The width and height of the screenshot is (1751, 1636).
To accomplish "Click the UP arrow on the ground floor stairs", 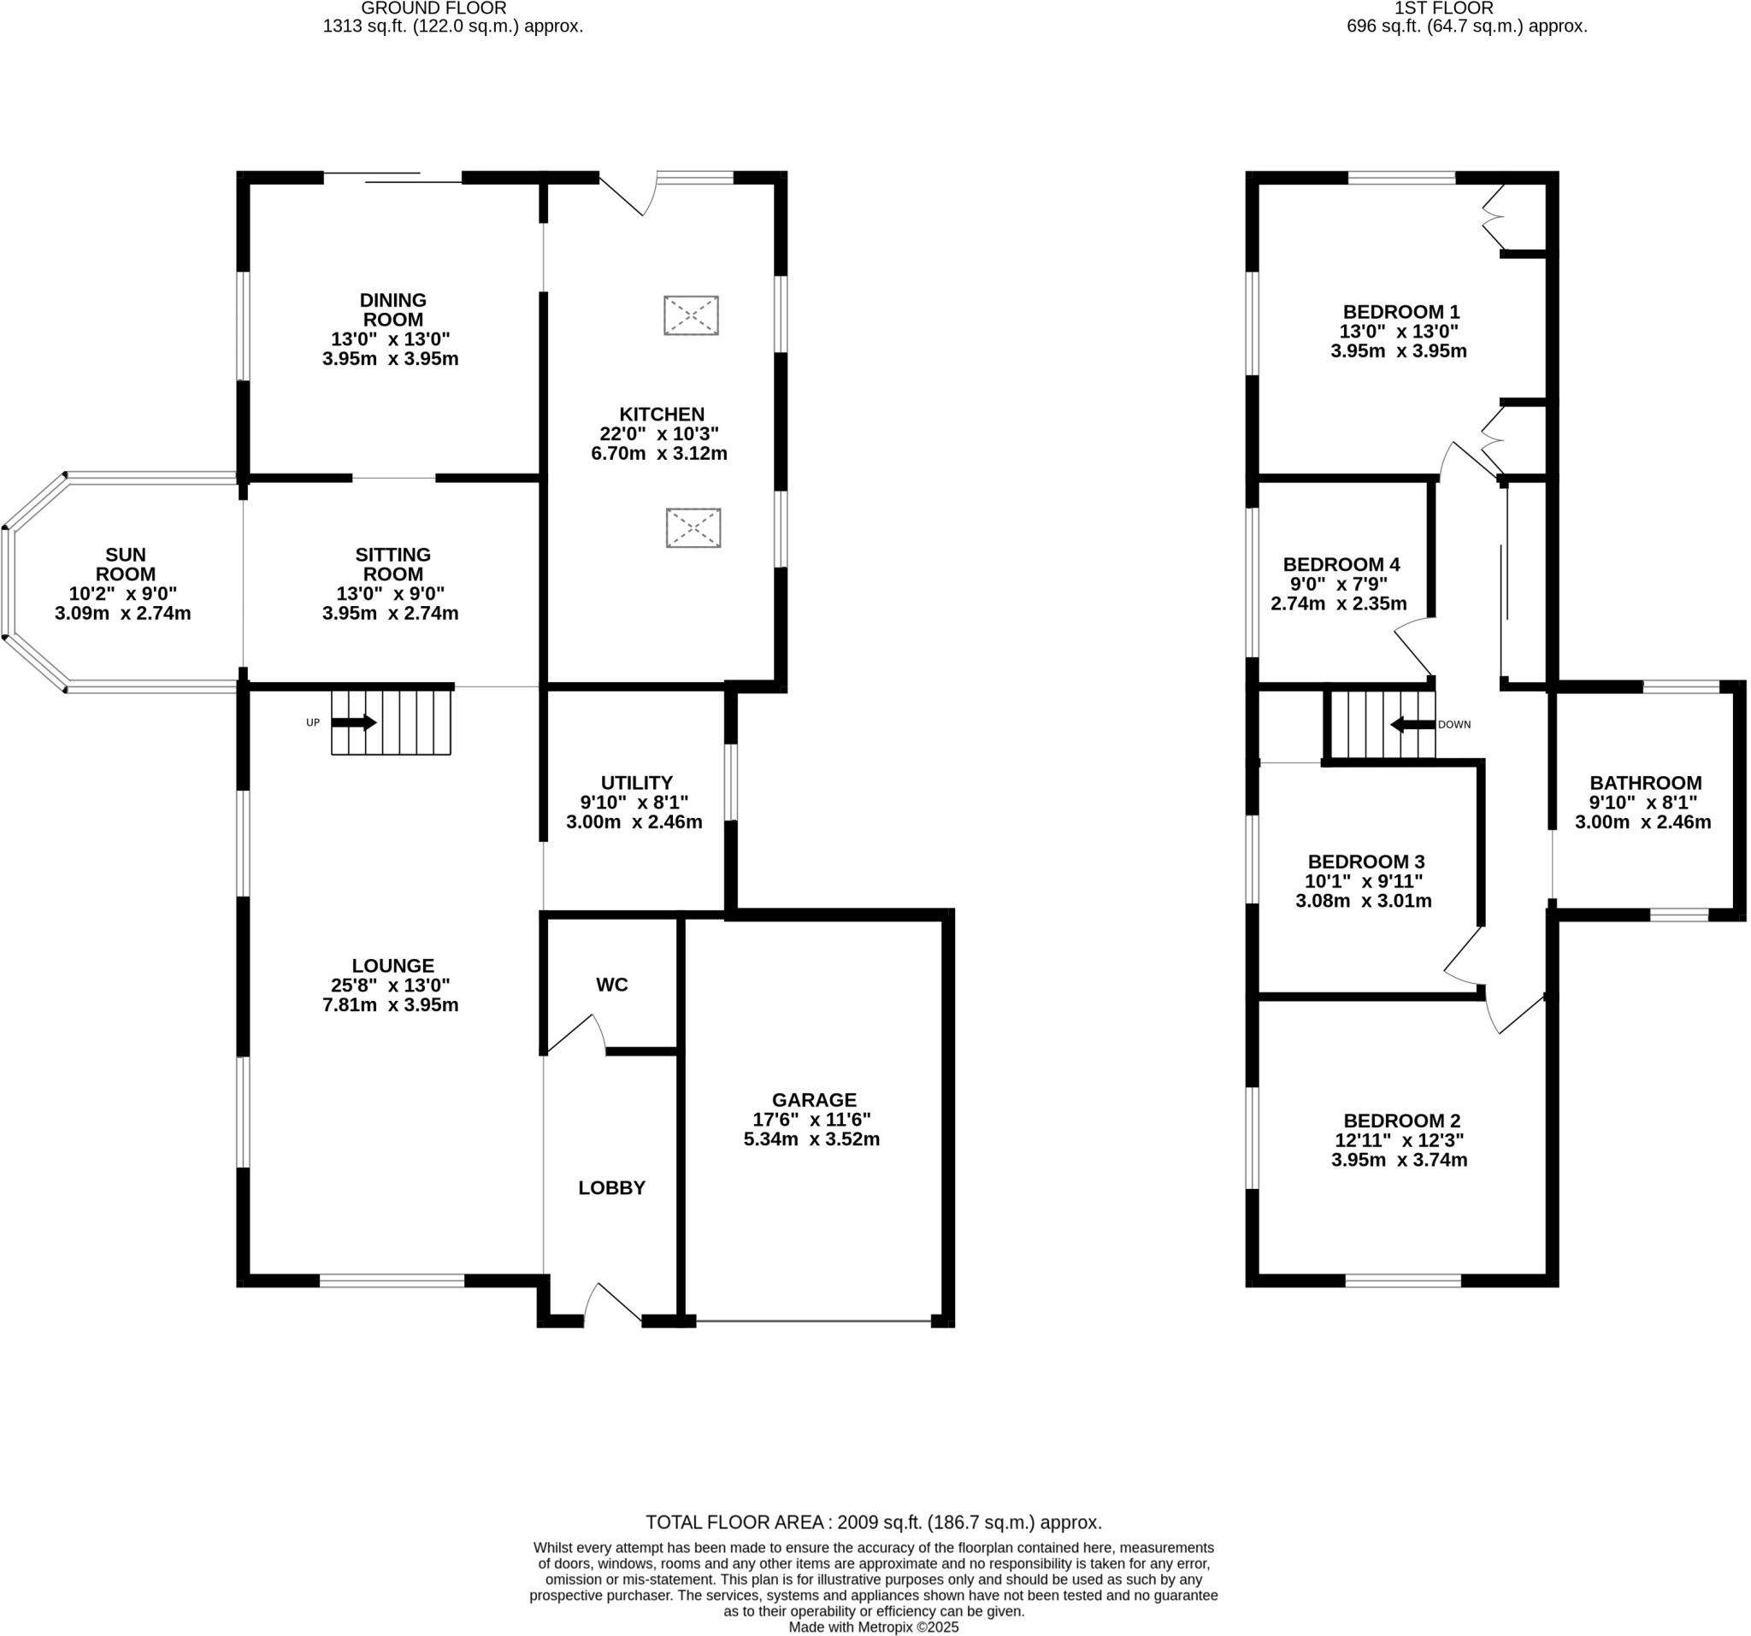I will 354,723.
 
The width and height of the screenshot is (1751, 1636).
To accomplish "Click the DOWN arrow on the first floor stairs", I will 1412,725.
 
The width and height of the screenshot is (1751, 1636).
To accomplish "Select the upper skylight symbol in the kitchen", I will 692,315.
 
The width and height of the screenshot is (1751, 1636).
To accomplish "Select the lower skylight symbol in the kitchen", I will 693,528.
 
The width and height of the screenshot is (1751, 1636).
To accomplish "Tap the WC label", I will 612,985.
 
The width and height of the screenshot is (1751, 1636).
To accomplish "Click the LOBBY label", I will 612,1188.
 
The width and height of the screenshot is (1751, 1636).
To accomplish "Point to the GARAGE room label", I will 814,1100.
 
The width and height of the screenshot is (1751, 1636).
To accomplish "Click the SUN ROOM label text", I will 126,564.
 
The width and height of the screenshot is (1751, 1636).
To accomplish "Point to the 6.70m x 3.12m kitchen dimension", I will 659,455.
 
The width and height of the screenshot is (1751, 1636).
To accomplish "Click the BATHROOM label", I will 1645,783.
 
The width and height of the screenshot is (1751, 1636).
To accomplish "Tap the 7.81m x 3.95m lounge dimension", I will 390,1004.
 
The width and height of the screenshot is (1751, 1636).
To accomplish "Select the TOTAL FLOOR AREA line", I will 874,1522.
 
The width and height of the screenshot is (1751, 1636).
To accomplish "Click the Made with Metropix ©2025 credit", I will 874,1627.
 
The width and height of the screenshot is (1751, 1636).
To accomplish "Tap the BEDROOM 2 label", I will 1402,1121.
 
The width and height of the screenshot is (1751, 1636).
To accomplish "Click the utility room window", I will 731,782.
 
